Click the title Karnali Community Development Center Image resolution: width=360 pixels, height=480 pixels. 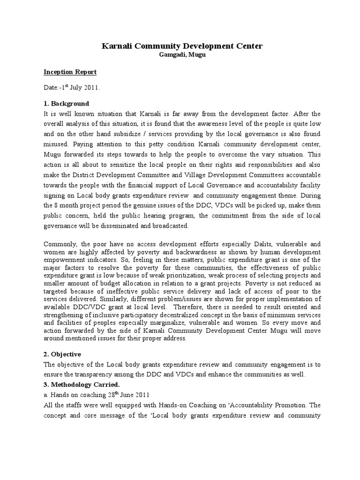click(x=182, y=46)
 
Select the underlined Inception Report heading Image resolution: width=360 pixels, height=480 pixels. click(x=70, y=72)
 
